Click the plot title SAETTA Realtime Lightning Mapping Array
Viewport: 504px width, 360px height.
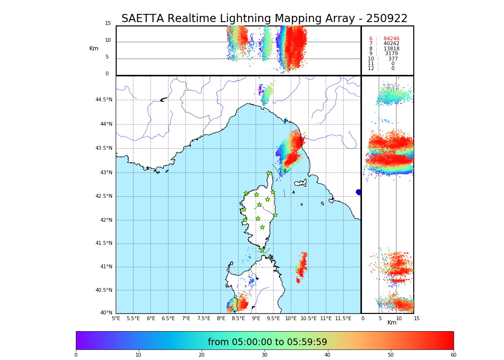264,19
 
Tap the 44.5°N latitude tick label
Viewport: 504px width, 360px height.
104,100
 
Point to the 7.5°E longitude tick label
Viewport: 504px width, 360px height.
204,318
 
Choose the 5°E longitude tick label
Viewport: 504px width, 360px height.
116,318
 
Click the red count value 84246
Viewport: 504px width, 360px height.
391,39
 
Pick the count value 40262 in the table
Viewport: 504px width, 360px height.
391,44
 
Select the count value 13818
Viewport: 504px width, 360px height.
391,49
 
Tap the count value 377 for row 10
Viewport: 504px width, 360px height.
393,59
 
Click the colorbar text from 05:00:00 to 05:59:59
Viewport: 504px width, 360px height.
267,342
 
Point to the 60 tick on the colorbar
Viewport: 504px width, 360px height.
453,355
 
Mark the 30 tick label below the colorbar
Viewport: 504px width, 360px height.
264,355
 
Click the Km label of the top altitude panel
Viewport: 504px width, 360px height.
94,48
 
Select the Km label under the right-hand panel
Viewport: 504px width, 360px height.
392,323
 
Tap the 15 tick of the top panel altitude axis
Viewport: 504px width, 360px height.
108,24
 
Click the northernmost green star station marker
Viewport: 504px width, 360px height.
269,173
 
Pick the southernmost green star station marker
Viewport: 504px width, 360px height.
263,250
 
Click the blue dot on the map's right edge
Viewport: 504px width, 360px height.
359,192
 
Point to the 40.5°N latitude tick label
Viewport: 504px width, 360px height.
104,290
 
